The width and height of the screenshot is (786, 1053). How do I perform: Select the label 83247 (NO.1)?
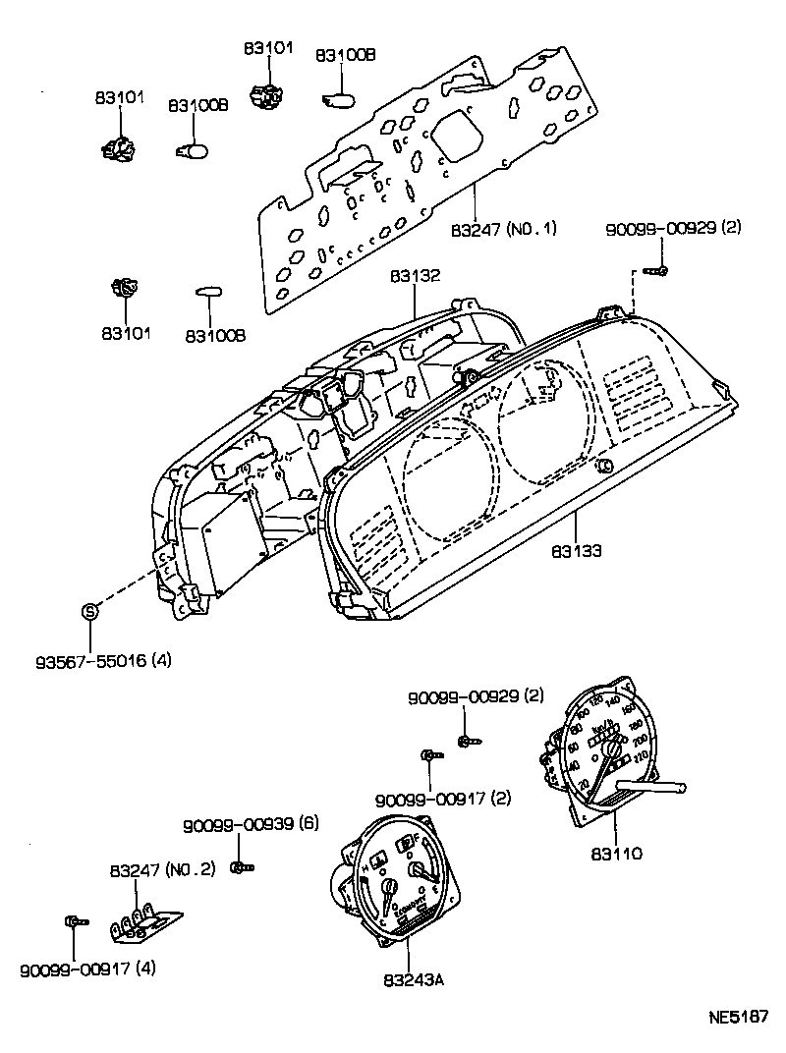tap(504, 229)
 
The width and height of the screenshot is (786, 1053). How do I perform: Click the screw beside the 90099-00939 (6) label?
tap(241, 865)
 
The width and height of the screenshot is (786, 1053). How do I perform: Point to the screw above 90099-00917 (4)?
tap(75, 921)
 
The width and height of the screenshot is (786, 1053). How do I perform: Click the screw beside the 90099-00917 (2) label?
tap(429, 754)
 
